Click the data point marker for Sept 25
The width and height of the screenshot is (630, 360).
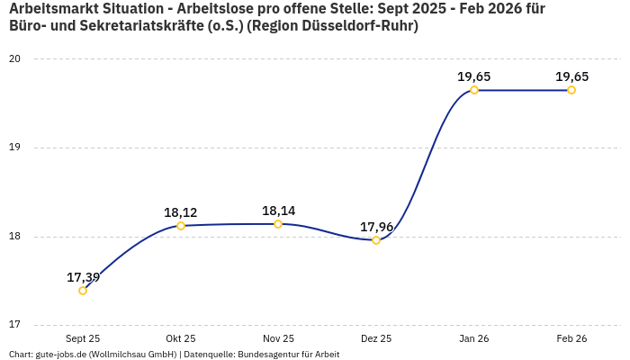[83, 291]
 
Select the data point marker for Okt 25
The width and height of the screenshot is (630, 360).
[181, 226]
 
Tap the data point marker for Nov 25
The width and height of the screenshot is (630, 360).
[278, 224]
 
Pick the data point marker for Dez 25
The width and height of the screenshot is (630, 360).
[376, 240]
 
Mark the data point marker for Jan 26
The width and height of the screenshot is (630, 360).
[474, 90]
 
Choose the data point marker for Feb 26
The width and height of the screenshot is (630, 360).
[571, 90]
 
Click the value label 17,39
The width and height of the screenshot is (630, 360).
[83, 277]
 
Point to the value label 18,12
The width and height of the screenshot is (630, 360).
[181, 212]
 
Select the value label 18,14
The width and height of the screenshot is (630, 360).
[278, 211]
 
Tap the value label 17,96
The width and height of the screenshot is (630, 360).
[376, 227]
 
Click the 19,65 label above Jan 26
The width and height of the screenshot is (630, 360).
[474, 76]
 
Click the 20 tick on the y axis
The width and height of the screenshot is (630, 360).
[15, 59]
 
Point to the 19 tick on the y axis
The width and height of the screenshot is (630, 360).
[15, 148]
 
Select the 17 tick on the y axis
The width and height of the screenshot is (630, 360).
[15, 325]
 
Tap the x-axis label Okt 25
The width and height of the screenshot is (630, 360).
[181, 339]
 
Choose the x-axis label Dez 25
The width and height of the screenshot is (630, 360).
[376, 339]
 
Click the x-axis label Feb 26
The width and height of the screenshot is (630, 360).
[571, 339]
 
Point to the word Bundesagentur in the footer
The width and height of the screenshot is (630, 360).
[267, 355]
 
